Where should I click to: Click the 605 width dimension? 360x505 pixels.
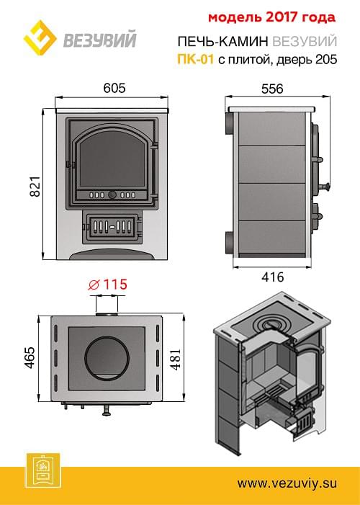pyautogui.click(x=114, y=88)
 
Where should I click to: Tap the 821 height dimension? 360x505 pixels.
pyautogui.click(x=35, y=186)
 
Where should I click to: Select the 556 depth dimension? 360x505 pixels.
pyautogui.click(x=272, y=89)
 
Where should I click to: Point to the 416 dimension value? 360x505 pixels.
pyautogui.click(x=272, y=277)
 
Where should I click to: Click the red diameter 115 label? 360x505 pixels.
pyautogui.click(x=108, y=284)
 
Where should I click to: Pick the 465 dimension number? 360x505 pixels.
pyautogui.click(x=30, y=357)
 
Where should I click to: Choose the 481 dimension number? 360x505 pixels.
pyautogui.click(x=176, y=359)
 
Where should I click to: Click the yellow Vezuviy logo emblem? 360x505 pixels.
pyautogui.click(x=40, y=38)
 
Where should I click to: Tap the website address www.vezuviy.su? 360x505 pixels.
pyautogui.click(x=287, y=483)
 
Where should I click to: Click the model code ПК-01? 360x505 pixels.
pyautogui.click(x=195, y=59)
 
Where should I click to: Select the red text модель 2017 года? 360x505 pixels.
pyautogui.click(x=271, y=18)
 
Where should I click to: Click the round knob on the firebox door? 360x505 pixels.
pyautogui.click(x=112, y=195)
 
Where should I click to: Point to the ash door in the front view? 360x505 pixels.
pyautogui.click(x=112, y=227)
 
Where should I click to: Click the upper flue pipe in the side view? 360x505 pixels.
pyautogui.click(x=229, y=123)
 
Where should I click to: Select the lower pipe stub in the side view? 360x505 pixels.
pyautogui.click(x=229, y=242)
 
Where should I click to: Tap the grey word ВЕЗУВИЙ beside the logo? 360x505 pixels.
pyautogui.click(x=100, y=40)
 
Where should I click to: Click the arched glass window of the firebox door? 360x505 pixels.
pyautogui.click(x=112, y=158)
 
